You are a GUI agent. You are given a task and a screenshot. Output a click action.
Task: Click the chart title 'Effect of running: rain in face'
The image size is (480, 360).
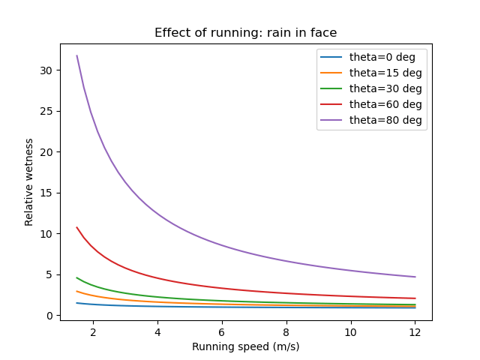[x=246, y=33]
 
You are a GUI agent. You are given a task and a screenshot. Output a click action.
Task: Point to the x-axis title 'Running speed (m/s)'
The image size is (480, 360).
[x=246, y=346]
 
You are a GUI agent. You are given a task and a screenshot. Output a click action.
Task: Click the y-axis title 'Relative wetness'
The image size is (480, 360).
[x=30, y=181]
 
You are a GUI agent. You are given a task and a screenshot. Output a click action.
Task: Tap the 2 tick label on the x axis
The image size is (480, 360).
[x=93, y=331]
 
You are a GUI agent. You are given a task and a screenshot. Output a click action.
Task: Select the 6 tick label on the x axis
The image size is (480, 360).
[x=222, y=331]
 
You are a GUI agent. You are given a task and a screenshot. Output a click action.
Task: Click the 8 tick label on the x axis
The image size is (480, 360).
[x=286, y=331]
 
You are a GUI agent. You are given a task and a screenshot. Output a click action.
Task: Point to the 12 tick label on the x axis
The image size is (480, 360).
[x=415, y=331]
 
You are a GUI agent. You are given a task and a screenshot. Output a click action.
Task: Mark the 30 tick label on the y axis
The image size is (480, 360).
[x=46, y=70]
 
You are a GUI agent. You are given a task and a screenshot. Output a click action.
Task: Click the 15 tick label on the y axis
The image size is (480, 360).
[x=46, y=193]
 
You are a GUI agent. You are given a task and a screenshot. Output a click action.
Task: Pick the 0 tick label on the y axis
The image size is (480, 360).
[x=49, y=316]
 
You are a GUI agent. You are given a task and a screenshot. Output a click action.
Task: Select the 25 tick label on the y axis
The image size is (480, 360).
[x=46, y=111]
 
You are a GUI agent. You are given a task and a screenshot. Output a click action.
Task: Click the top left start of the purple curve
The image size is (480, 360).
[x=76, y=55]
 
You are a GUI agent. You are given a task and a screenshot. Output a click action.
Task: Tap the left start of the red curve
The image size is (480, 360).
[x=76, y=227]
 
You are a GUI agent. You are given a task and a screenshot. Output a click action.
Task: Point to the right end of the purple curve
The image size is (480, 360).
[x=415, y=277]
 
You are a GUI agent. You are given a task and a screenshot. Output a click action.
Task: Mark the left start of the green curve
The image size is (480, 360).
[x=76, y=277]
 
